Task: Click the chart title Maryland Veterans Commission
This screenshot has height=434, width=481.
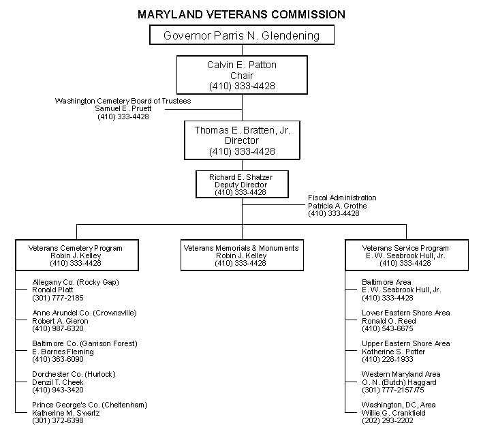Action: point(241,14)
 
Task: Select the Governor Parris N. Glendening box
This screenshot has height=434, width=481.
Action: point(241,35)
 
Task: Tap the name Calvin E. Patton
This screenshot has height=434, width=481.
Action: point(241,65)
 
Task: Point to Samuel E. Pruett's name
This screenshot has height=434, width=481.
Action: point(123,109)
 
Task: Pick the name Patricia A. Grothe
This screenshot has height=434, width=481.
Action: point(337,206)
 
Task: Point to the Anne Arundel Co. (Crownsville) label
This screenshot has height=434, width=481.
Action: point(84,313)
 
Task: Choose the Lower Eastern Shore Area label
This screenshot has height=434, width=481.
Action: point(406,313)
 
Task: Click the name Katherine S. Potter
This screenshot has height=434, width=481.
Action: point(394,352)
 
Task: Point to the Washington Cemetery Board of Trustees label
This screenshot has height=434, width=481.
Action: point(123,102)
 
